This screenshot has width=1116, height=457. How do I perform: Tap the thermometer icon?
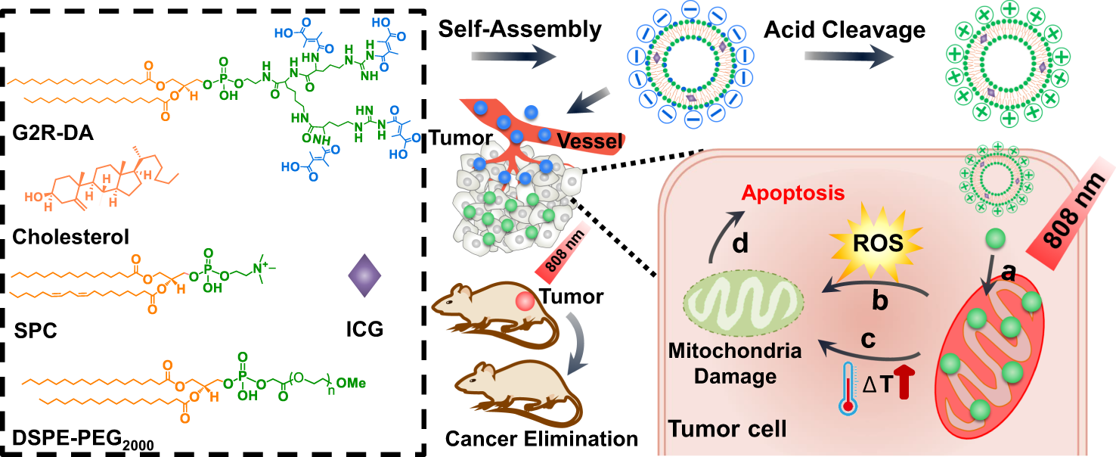(848, 387)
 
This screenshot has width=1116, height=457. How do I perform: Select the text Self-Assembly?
(521, 30)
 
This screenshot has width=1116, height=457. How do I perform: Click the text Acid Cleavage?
(844, 30)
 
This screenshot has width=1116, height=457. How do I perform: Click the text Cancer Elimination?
(541, 438)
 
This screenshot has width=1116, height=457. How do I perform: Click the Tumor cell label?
(727, 430)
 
